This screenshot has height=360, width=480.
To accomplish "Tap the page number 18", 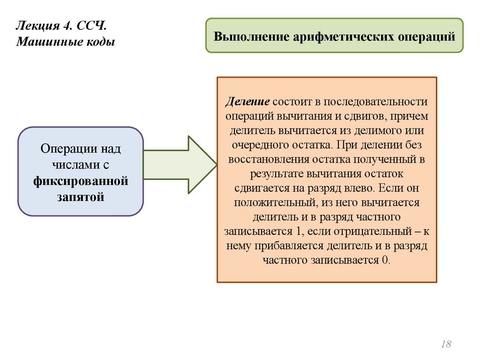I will (x=446, y=345).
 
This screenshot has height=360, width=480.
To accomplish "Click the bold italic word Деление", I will (x=247, y=102).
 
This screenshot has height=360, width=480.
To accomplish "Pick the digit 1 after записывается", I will (x=295, y=232).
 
